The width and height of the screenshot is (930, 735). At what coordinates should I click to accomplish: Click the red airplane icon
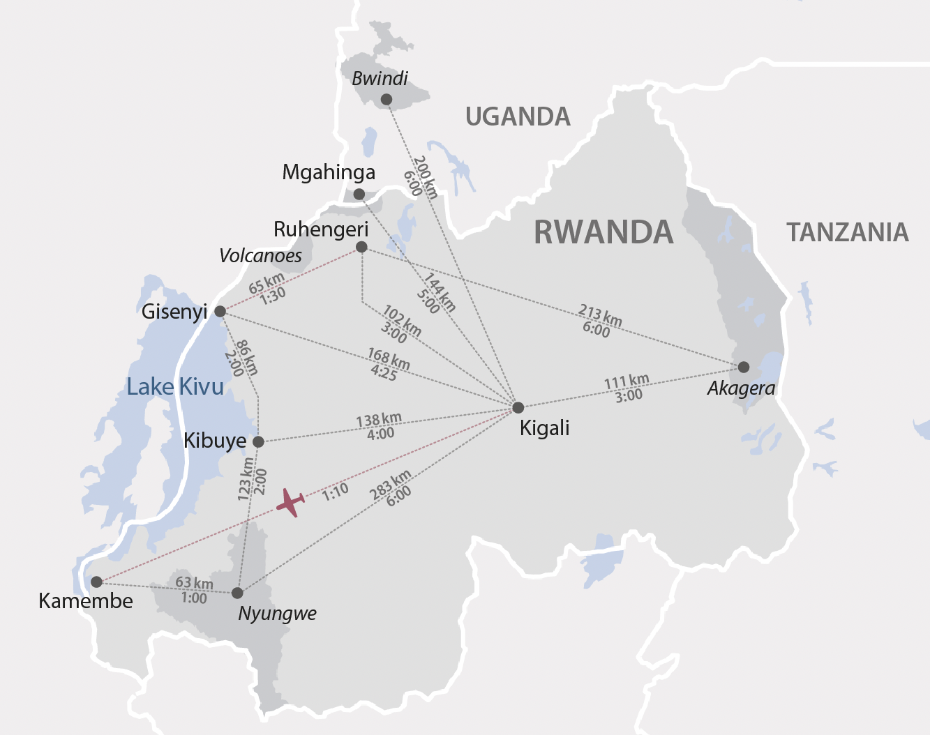pyautogui.click(x=290, y=502)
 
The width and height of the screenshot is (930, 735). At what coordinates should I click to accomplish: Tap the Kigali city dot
pyautogui.click(x=518, y=408)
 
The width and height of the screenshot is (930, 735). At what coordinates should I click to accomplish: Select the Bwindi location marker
pyautogui.click(x=386, y=100)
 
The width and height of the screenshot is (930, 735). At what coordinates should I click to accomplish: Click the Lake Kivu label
pyautogui.click(x=175, y=386)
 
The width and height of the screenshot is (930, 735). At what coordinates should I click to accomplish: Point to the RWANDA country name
pyautogui.click(x=603, y=232)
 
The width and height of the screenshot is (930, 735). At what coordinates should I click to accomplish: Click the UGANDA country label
pyautogui.click(x=518, y=116)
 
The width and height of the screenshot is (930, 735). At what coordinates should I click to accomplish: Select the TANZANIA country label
pyautogui.click(x=848, y=232)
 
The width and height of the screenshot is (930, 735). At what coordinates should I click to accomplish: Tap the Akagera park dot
pyautogui.click(x=744, y=367)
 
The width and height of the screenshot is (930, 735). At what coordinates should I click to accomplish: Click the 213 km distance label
pyautogui.click(x=600, y=314)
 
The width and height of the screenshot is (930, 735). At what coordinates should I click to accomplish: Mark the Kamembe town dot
pyautogui.click(x=97, y=582)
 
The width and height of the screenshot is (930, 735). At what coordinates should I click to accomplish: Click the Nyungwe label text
pyautogui.click(x=277, y=614)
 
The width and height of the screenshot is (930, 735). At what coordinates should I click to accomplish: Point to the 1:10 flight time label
pyautogui.click(x=336, y=492)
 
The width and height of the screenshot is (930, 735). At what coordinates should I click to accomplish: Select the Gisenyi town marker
pyautogui.click(x=220, y=311)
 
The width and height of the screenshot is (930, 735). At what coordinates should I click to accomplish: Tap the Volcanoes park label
pyautogui.click(x=260, y=256)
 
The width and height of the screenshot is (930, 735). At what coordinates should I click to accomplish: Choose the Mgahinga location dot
pyautogui.click(x=359, y=194)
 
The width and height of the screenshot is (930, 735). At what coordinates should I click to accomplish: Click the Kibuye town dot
pyautogui.click(x=258, y=441)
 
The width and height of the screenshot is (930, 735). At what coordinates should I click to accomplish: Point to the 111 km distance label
pyautogui.click(x=626, y=381)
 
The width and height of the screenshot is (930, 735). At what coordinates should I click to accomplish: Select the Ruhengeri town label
pyautogui.click(x=321, y=229)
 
